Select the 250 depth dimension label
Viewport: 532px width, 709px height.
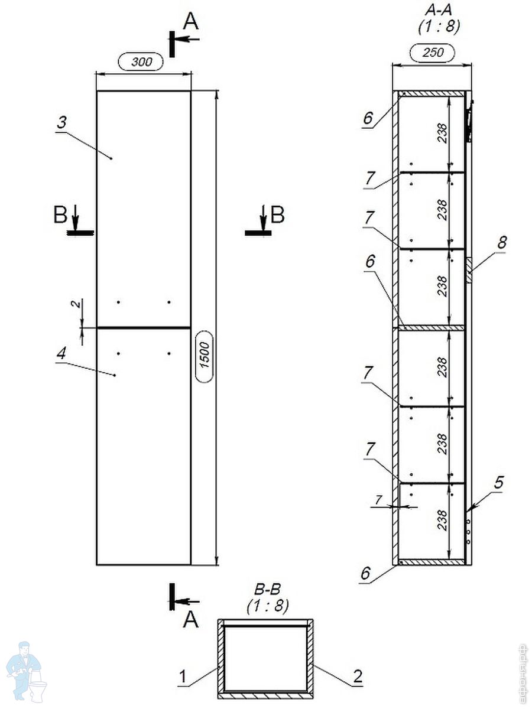click(433, 53)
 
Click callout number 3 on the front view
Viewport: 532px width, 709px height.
click(61, 123)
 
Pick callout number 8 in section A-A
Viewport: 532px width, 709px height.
click(502, 242)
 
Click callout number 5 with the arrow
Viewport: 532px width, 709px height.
click(499, 483)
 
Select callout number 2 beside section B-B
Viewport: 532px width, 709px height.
click(357, 675)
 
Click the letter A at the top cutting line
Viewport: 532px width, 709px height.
click(190, 21)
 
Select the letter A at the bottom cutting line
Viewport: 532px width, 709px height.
click(190, 619)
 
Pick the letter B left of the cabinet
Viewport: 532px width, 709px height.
click(60, 215)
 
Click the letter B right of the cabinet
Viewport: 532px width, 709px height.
click(277, 214)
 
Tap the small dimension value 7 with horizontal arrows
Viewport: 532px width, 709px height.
click(379, 500)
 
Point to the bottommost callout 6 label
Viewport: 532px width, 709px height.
click(366, 573)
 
